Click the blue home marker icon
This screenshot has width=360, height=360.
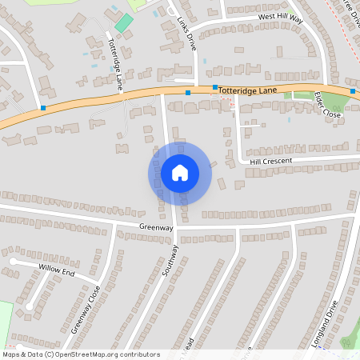coord(180,173)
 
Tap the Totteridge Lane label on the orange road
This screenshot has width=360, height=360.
coord(248,91)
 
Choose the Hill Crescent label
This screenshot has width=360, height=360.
coord(271,161)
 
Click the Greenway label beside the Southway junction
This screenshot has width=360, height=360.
coord(134,227)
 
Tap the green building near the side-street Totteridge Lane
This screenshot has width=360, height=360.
coord(123,22)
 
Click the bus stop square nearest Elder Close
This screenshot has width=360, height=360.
coord(353,91)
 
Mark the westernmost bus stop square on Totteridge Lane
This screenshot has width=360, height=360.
coord(42,108)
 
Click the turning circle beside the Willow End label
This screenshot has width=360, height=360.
coord(14,261)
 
